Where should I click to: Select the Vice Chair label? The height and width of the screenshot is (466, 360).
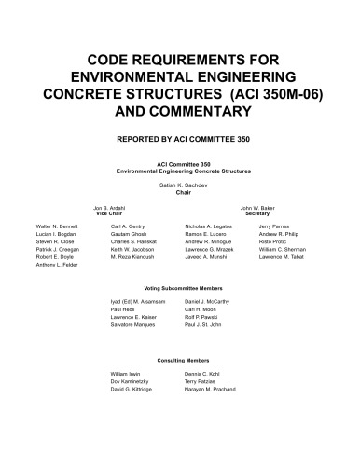[108, 213]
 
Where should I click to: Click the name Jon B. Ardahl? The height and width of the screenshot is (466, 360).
[109, 207]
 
